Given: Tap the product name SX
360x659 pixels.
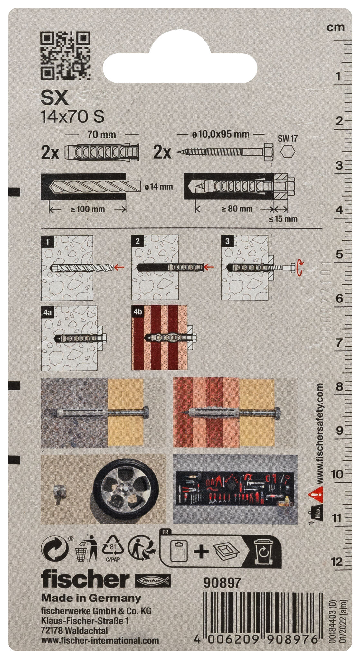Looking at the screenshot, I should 54,98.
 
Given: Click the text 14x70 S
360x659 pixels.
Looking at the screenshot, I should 72,117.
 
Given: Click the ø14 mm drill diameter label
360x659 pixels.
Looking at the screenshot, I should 159,187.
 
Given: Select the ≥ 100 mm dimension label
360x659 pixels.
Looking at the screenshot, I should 87,209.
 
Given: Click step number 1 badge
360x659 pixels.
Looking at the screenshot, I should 48,241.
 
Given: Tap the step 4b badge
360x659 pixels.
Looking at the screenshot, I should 137,311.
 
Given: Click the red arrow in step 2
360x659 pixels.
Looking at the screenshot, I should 210,266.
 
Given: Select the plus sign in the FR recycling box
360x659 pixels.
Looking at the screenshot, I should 201,552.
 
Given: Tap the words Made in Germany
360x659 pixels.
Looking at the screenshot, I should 91,598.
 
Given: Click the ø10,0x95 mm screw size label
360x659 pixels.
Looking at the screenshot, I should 221,135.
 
